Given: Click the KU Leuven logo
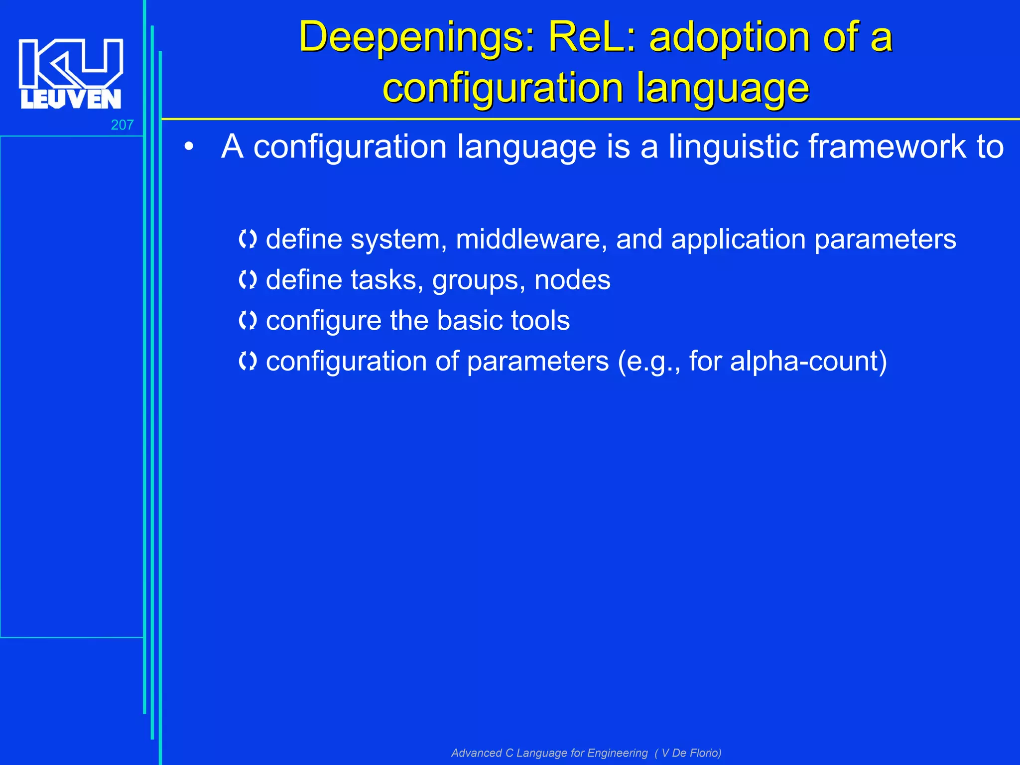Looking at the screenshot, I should pyautogui.click(x=71, y=74).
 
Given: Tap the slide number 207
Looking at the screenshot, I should pyautogui.click(x=122, y=125).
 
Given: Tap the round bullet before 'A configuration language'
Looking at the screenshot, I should pyautogui.click(x=188, y=147).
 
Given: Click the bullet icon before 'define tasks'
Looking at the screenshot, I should pyautogui.click(x=248, y=280).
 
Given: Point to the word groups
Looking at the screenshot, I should pyautogui.click(x=479, y=280).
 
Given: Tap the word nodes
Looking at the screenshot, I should pyautogui.click(x=572, y=280).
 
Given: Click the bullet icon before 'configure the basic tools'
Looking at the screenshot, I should pyautogui.click(x=248, y=321).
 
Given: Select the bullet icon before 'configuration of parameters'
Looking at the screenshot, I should pyautogui.click(x=248, y=361).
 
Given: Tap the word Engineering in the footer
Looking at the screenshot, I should pyautogui.click(x=618, y=753).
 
